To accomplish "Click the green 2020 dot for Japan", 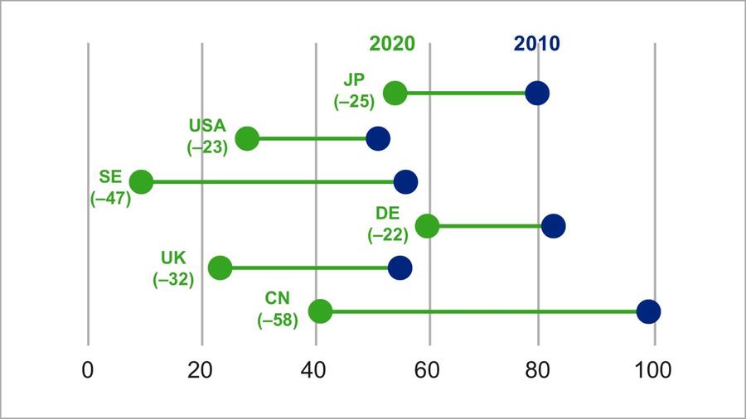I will point(395,93).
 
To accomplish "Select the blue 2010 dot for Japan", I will point(537,93).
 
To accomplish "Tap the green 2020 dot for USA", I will point(247,138).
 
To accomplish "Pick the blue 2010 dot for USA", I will point(378,138).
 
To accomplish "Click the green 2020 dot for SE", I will point(141,181).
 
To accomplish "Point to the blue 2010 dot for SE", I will point(406,181).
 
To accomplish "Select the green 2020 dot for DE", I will point(427,225).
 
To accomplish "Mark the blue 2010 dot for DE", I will point(554,225).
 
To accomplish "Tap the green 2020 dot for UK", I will point(220,267).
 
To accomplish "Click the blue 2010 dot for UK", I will point(400,267).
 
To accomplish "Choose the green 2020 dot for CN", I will point(320,311).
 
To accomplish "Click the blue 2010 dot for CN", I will point(648,311).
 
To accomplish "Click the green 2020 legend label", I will point(392,44).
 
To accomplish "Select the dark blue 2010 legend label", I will point(536,44).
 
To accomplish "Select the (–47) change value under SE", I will point(110,199).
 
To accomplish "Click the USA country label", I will point(207,127).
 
